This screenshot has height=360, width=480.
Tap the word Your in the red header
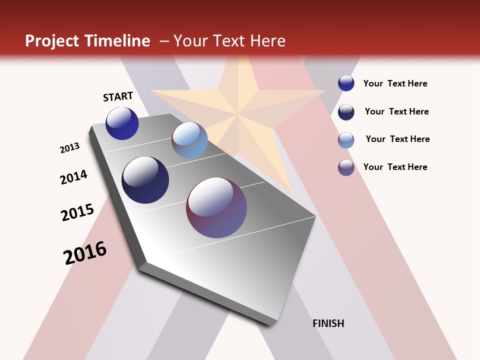coord(190,41)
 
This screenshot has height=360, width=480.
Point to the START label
coord(118,96)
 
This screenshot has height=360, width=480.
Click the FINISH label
coord(328,323)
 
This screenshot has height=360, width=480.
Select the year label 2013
coord(69,148)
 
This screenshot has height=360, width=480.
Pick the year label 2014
coord(73,177)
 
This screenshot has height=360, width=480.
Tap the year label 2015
coord(77,212)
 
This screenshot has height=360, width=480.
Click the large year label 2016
coord(85,252)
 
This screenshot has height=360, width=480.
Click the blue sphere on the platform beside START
coord(122,123)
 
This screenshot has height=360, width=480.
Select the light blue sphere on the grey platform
coord(189,140)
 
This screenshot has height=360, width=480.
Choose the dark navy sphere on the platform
coord(145,180)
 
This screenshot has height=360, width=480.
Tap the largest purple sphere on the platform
coord(216,207)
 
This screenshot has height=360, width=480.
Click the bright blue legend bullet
coord(346,83)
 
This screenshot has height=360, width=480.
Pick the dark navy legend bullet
coord(346,112)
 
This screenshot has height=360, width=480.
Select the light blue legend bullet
coord(346,140)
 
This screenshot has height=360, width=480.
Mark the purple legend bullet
coord(346,167)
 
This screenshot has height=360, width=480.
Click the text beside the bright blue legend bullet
coord(395,83)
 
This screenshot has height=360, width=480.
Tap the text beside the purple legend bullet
coord(395,167)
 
